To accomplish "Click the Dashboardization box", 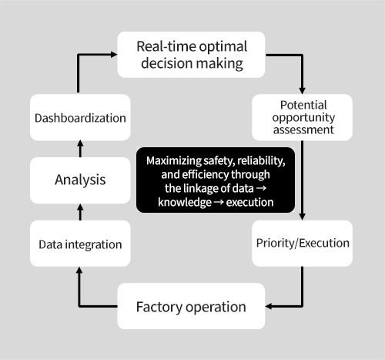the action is coord(80,117).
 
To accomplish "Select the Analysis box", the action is coord(80,180).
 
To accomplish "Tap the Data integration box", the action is coord(80,244).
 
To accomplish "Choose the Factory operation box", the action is coord(191,306).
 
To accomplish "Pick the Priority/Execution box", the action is coord(303,244).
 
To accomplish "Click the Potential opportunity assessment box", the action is coord(303,117).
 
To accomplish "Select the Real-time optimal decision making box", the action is coord(191,55).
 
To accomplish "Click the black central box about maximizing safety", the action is coord(216,180).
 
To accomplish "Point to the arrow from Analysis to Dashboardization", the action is coord(80,149).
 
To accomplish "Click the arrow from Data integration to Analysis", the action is coord(80,212).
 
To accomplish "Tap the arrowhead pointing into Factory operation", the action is coord(269,306).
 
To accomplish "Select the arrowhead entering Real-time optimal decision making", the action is coord(114,54).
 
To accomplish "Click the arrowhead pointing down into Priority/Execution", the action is coord(303,217).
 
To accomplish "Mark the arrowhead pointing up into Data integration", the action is coord(79,270).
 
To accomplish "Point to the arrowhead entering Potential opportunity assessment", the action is coord(303,91).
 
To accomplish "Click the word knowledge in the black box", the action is coord(185,203).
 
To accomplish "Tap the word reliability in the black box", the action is coord(261,161).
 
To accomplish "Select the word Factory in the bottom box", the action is coord(159,307).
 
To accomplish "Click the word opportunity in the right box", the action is coord(303,118).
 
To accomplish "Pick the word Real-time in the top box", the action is coord(166,46).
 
